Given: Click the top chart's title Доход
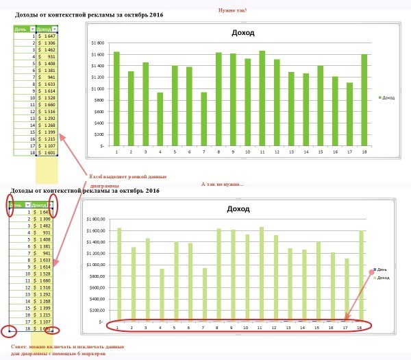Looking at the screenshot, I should (243, 33).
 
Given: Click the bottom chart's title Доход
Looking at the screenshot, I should (239, 208).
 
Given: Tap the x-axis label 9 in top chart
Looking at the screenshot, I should (233, 152).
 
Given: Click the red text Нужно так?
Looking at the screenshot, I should (233, 10).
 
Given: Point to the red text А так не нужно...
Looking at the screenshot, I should (222, 184).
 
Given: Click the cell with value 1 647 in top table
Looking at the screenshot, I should (44, 36).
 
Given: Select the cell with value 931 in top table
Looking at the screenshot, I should (44, 56).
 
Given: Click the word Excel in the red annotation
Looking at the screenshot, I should (97, 177).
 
